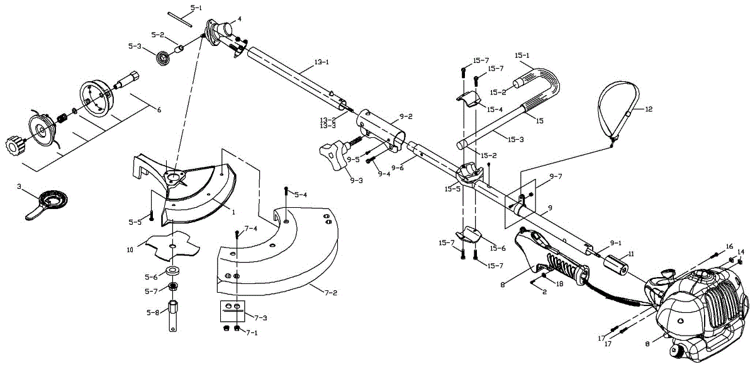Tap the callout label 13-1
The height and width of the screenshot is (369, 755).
[322, 62]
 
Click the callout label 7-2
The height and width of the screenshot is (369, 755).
[331, 293]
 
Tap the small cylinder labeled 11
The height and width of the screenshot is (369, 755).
[617, 265]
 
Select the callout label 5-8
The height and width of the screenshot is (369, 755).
[152, 313]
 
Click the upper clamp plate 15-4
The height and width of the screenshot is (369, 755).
[469, 98]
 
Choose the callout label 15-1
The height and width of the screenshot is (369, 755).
[522, 55]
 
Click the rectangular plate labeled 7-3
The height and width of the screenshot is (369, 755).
[233, 311]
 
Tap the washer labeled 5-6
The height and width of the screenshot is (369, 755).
[172, 271]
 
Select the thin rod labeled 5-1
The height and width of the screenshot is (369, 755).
[180, 20]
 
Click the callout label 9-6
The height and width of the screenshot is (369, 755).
[398, 167]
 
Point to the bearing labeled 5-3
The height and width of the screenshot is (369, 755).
[164, 59]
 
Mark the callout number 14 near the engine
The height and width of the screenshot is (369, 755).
[741, 252]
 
